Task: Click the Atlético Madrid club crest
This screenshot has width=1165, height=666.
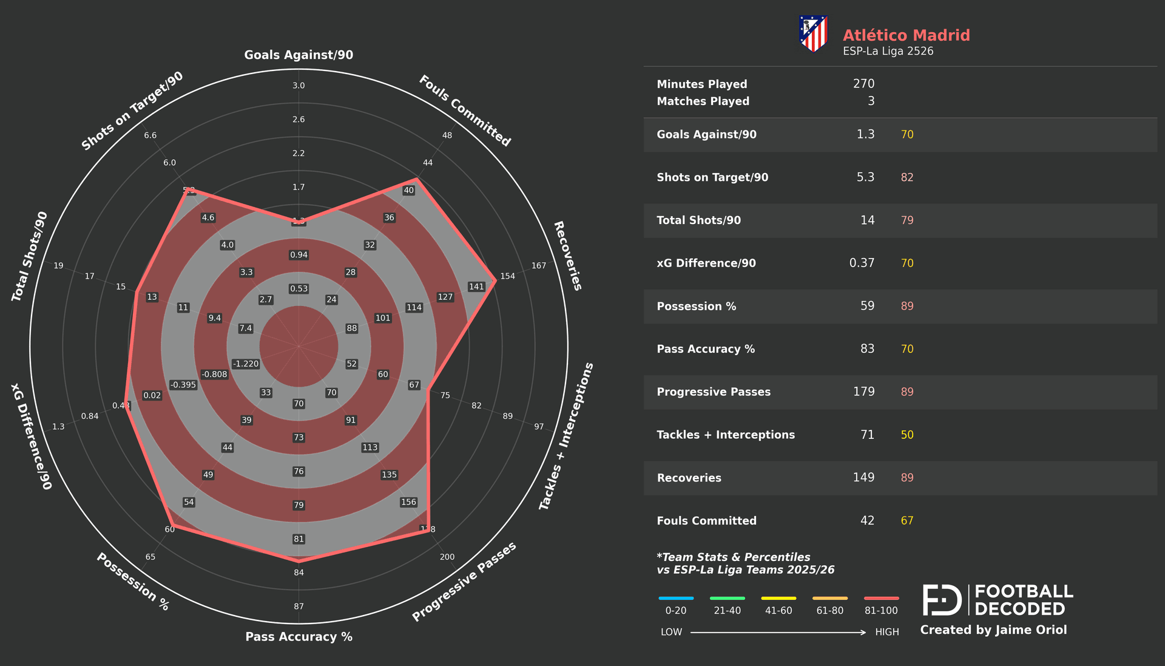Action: (813, 34)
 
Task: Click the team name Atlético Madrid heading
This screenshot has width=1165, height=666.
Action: (906, 35)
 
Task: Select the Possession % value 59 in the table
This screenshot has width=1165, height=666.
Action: (867, 306)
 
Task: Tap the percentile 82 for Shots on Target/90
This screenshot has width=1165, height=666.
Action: (907, 177)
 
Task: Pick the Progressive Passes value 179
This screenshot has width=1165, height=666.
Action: (863, 392)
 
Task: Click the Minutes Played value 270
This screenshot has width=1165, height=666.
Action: (863, 84)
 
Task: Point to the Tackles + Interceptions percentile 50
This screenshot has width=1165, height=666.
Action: (907, 435)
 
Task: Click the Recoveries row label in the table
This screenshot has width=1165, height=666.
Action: (689, 478)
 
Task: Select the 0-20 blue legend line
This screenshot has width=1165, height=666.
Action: (675, 598)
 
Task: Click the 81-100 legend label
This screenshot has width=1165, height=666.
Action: (880, 611)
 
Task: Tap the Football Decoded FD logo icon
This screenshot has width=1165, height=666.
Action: (942, 600)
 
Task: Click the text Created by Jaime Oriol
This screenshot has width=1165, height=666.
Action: (993, 630)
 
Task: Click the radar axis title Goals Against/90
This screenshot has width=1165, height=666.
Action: (299, 55)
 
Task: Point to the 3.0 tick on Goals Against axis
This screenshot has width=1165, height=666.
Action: (299, 86)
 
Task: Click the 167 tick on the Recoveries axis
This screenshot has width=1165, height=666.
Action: (538, 265)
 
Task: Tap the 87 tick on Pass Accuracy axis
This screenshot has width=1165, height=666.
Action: (299, 606)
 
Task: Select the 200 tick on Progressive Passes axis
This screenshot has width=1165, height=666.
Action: (447, 557)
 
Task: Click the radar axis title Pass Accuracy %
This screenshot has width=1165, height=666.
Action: (299, 636)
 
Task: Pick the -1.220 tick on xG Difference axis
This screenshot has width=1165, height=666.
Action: (246, 364)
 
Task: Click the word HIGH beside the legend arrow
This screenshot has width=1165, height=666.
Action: (886, 632)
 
